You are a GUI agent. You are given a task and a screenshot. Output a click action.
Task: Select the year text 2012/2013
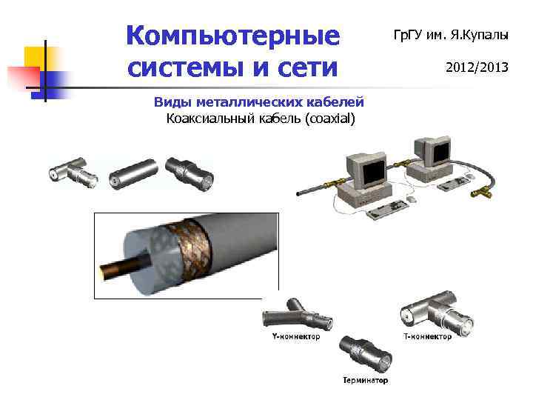coord(476,67)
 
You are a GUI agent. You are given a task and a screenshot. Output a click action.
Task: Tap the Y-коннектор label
coord(291,336)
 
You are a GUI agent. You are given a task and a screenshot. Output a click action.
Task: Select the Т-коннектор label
coord(427,336)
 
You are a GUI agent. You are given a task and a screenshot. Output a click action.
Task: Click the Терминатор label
coord(365,381)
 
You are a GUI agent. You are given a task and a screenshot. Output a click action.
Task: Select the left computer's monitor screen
coord(369,169)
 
